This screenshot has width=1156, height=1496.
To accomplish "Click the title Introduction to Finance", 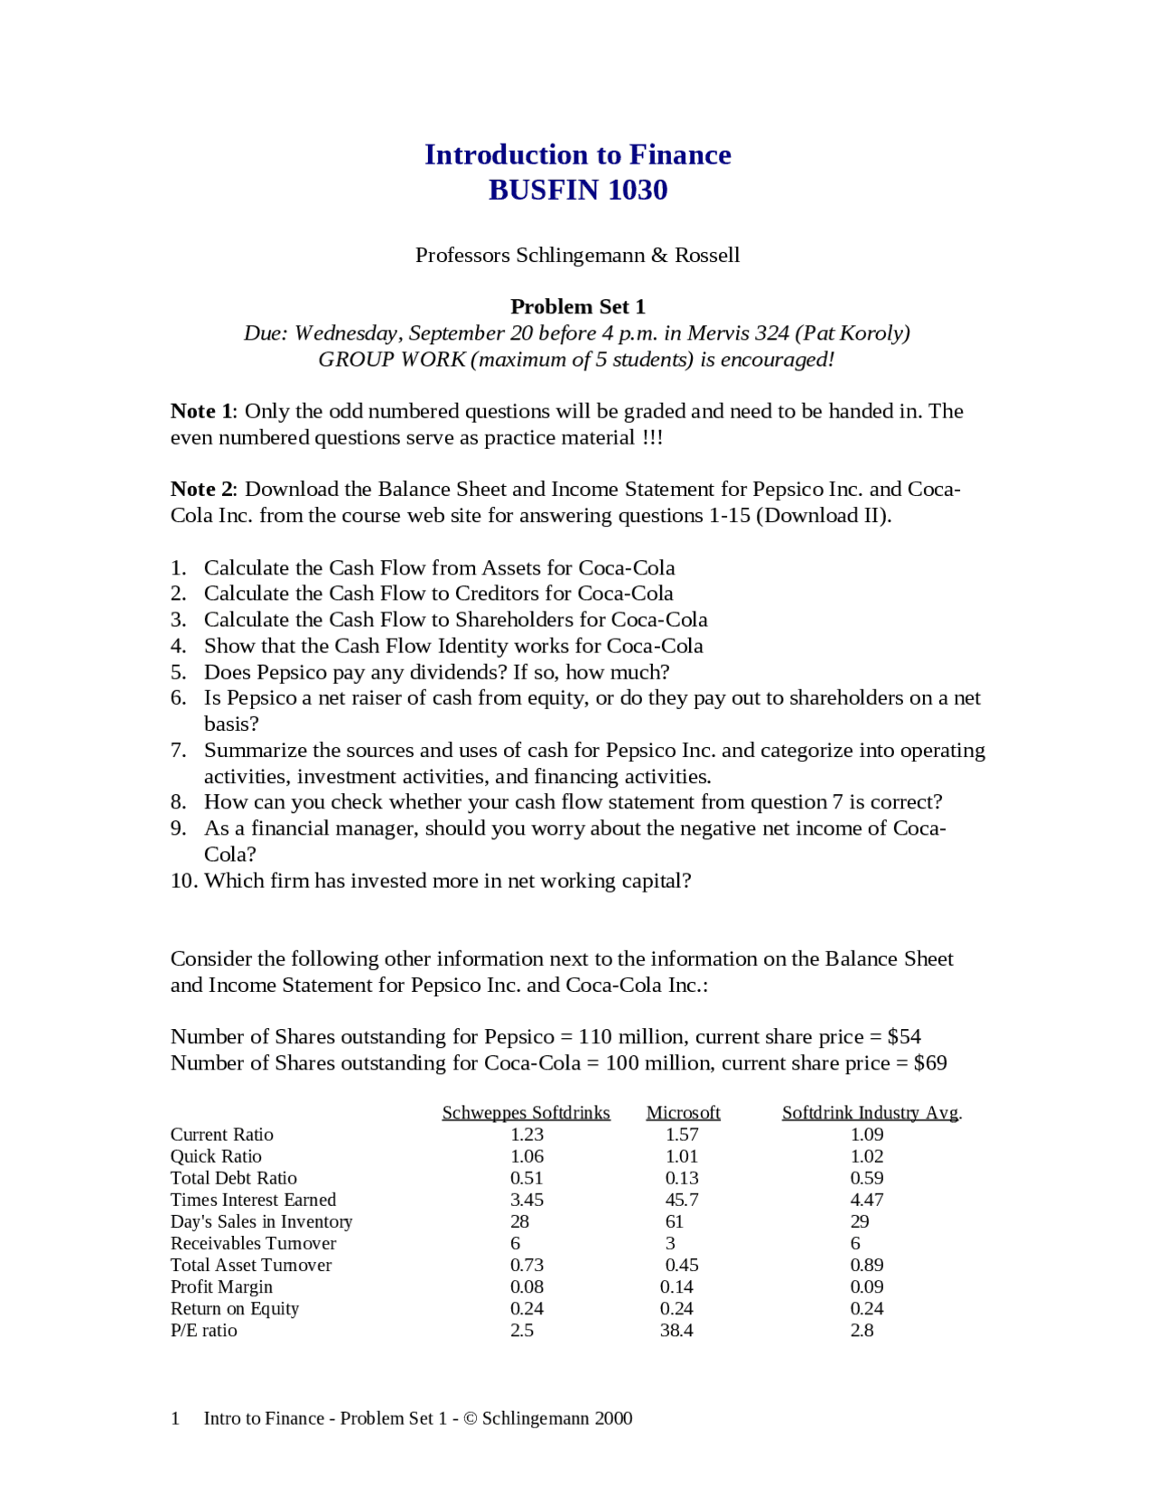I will tap(577, 154).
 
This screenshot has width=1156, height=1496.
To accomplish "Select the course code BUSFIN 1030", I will tap(577, 190).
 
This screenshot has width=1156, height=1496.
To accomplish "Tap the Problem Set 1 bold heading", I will tap(577, 306).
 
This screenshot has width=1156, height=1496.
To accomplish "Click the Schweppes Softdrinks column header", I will tap(526, 1112).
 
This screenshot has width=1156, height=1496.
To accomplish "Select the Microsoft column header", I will tap(683, 1112).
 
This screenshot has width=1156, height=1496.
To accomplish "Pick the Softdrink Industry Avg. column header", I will tap(872, 1112).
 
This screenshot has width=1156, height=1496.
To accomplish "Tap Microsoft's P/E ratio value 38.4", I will tap(676, 1330).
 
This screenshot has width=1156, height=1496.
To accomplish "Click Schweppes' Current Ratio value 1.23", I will tap(527, 1135).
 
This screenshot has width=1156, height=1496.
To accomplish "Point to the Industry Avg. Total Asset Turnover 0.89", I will tap(866, 1265).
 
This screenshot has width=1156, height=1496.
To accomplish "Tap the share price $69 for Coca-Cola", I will tap(930, 1062).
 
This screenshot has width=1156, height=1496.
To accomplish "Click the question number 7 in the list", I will tap(178, 750).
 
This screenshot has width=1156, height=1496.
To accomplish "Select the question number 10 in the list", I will tap(183, 881).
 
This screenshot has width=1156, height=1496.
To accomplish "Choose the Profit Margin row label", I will tap(221, 1286).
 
